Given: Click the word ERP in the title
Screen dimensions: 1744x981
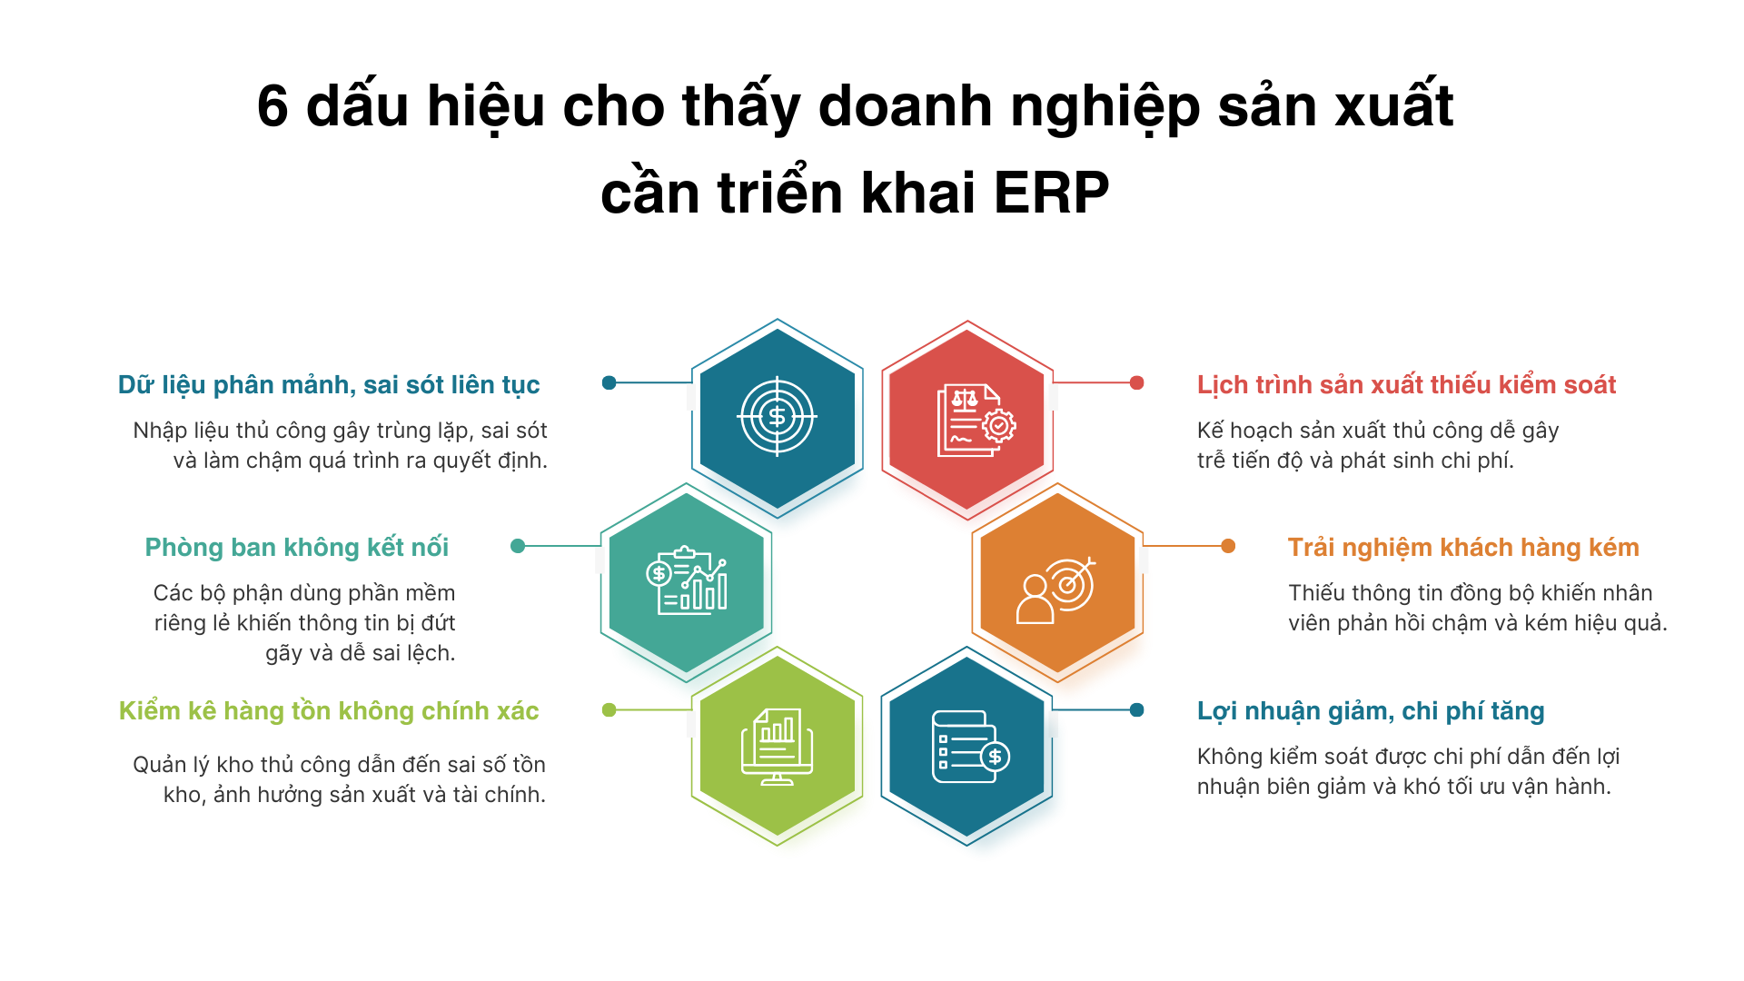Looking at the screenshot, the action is pyautogui.click(x=1051, y=193).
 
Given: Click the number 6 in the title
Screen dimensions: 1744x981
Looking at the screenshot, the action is pyautogui.click(x=272, y=105).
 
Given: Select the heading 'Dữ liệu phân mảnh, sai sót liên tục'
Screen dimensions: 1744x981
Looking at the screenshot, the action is pyautogui.click(x=329, y=385).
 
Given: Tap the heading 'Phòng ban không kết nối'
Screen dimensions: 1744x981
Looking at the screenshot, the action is pyautogui.click(x=297, y=548).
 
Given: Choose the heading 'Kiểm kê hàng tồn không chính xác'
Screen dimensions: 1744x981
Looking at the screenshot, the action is pyautogui.click(x=329, y=710).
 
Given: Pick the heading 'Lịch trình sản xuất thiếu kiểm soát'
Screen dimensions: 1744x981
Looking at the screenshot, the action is pyautogui.click(x=1406, y=385).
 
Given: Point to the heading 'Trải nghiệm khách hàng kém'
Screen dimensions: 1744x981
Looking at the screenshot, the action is pyautogui.click(x=1463, y=548).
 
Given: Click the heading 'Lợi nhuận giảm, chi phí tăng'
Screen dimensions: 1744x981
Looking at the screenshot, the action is pyautogui.click(x=1371, y=711).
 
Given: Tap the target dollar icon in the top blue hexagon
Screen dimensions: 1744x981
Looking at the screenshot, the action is pyautogui.click(x=777, y=417).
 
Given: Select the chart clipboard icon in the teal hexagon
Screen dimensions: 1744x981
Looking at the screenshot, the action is pyautogui.click(x=687, y=581).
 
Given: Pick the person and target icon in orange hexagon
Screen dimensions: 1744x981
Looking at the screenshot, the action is pyautogui.click(x=1055, y=590).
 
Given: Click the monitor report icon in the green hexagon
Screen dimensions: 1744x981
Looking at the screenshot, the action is pyautogui.click(x=777, y=747).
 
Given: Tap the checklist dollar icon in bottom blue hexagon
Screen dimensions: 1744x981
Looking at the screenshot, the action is pyautogui.click(x=971, y=747).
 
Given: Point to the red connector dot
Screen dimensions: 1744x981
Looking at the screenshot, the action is pyautogui.click(x=1136, y=383).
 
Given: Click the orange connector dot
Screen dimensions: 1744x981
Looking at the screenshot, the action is pyautogui.click(x=1228, y=546).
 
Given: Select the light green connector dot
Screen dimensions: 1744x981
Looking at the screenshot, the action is pyautogui.click(x=609, y=710).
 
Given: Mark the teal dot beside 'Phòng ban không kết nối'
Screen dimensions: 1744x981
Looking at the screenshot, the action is pyautogui.click(x=518, y=546).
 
